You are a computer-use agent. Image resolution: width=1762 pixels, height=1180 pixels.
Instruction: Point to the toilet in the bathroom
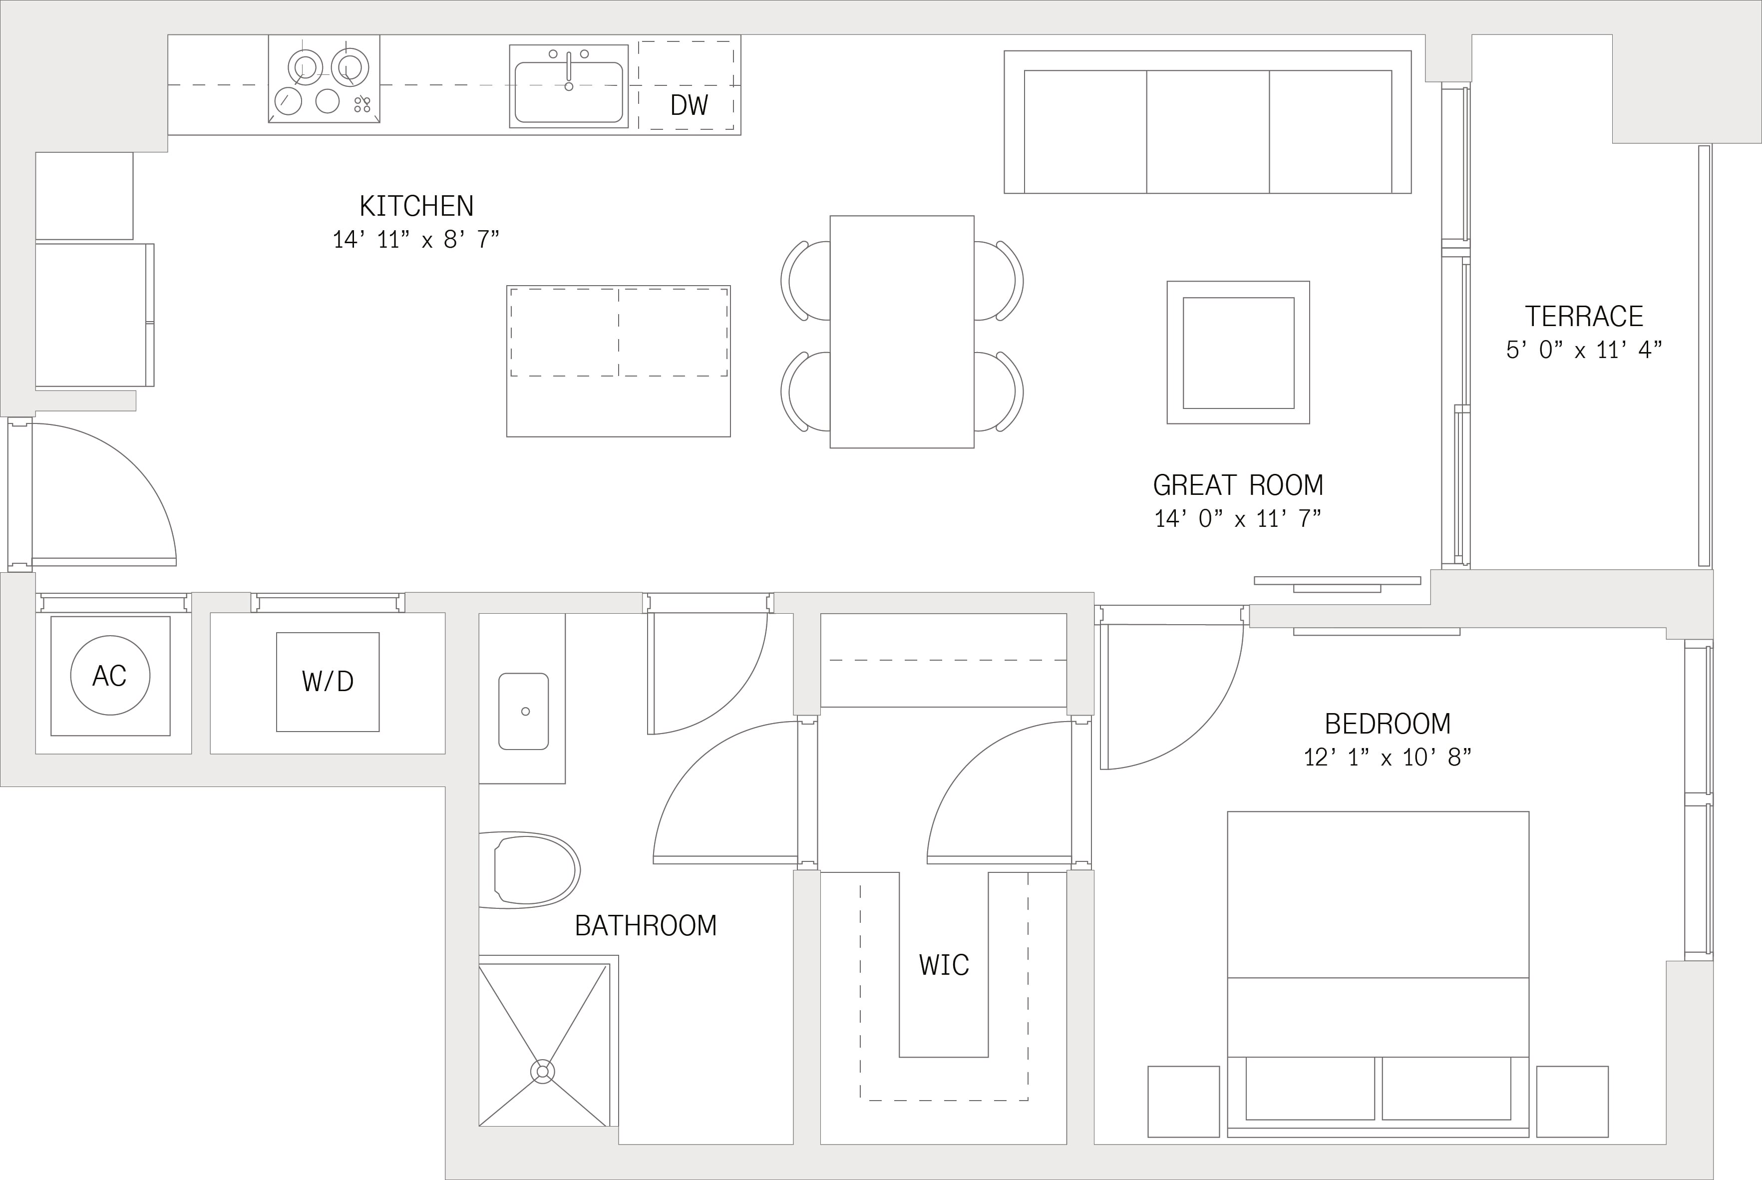tap(530, 870)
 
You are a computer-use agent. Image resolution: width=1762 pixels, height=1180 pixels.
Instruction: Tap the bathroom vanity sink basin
tap(524, 711)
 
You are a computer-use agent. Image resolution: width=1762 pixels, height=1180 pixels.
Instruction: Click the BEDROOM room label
tap(1388, 724)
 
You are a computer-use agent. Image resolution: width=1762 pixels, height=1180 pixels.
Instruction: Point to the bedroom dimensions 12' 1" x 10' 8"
tap(1388, 757)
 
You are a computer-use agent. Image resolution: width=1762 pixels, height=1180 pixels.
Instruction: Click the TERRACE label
tap(1584, 316)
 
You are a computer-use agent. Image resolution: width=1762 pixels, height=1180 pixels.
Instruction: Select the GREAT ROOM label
tap(1238, 485)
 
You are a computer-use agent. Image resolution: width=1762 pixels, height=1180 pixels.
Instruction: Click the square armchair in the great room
tap(1238, 352)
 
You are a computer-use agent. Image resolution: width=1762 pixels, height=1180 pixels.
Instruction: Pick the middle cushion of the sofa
tap(1207, 132)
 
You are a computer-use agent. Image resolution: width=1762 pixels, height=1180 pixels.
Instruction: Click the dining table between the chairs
tap(902, 332)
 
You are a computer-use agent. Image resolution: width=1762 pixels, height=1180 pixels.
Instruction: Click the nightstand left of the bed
tap(1183, 1102)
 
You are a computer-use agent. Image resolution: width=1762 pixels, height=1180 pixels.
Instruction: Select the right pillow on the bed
tap(1446, 1088)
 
